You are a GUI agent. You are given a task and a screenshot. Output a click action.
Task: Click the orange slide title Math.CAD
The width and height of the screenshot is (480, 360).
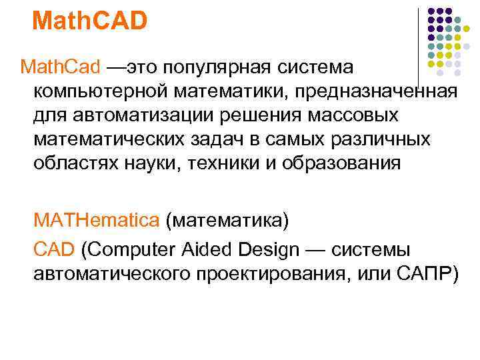pyautogui.click(x=89, y=20)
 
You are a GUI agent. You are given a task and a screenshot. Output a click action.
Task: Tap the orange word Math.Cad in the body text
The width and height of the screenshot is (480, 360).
pyautogui.click(x=60, y=67)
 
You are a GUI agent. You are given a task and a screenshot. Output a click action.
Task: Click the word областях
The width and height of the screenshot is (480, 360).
pyautogui.click(x=73, y=163)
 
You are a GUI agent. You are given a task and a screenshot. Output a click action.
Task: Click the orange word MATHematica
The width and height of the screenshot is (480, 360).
pyautogui.click(x=97, y=220)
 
